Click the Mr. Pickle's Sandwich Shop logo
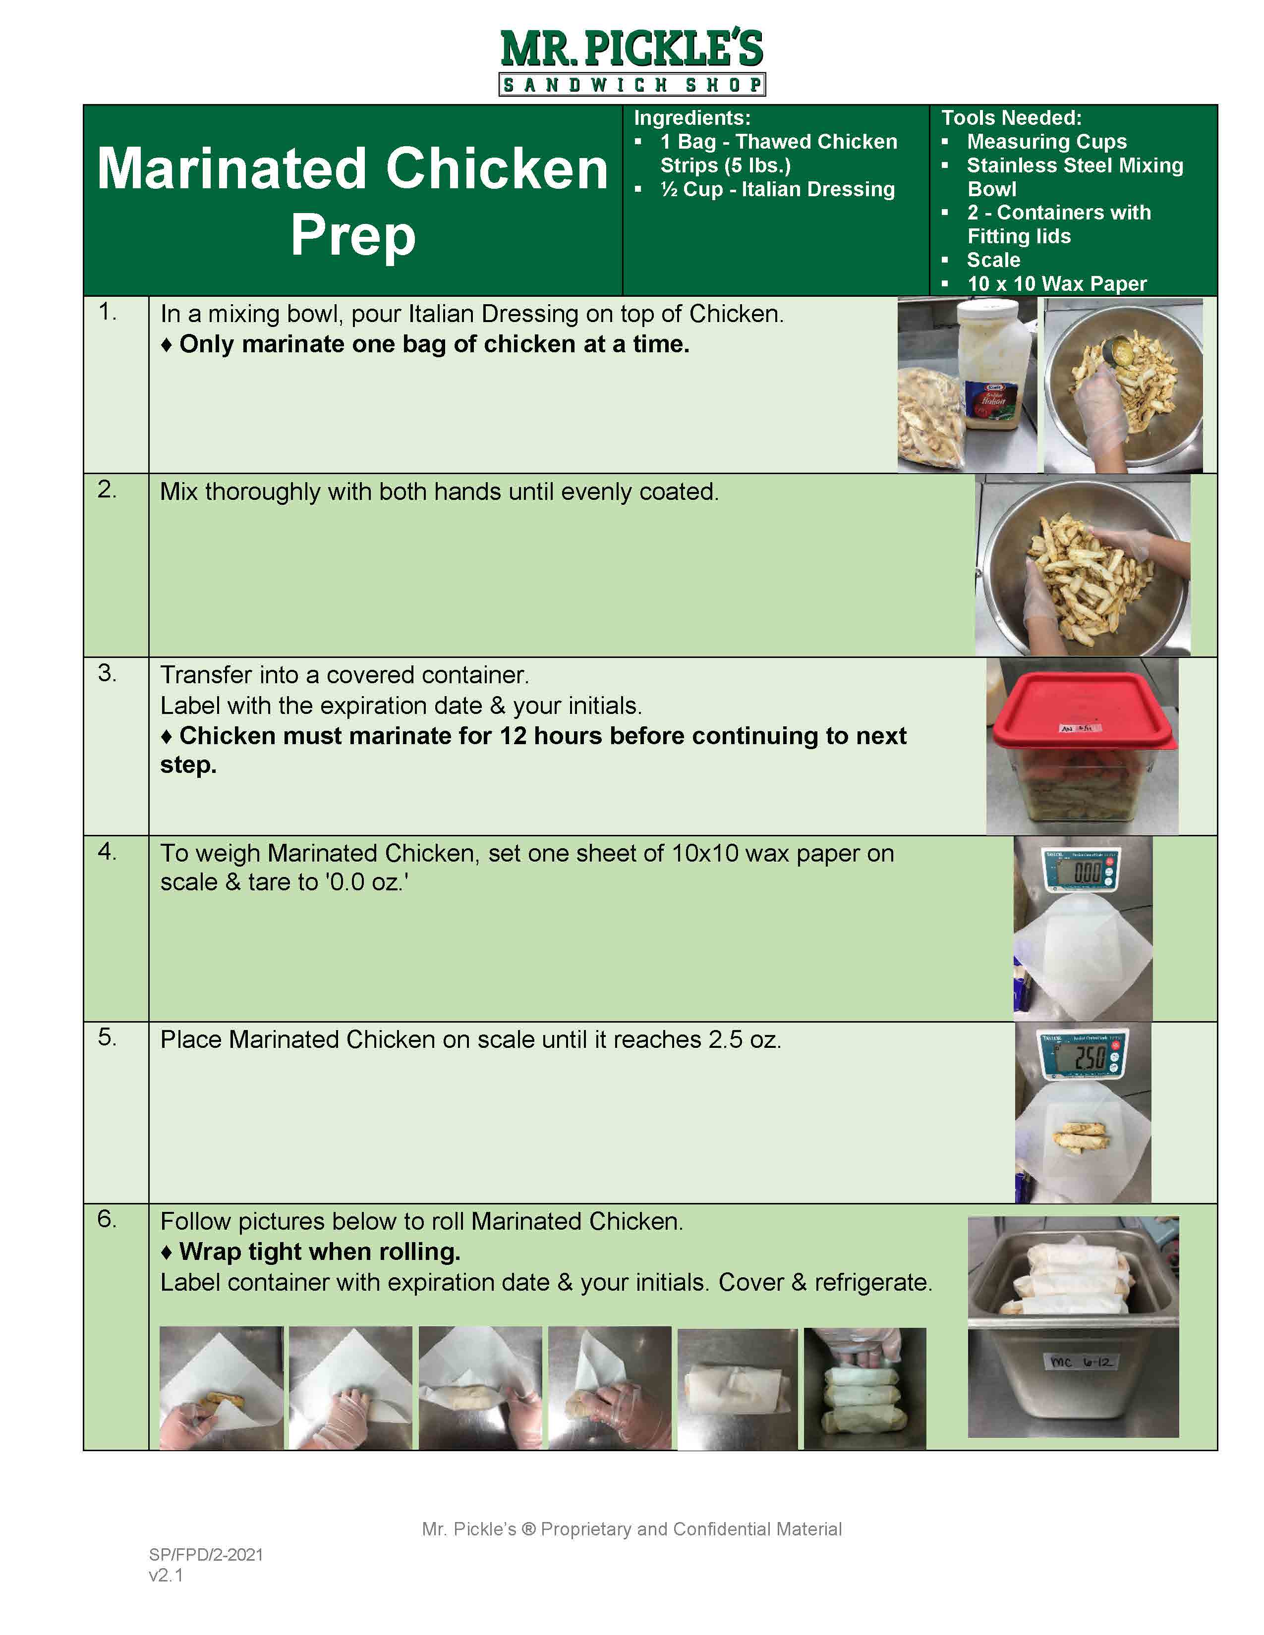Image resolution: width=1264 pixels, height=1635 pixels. coord(632,62)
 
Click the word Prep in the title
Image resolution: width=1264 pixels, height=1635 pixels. coord(353,235)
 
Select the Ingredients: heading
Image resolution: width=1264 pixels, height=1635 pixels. coord(692,117)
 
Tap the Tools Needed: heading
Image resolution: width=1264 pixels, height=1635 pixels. coord(1011,117)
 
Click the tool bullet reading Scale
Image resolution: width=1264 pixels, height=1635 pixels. coord(993,260)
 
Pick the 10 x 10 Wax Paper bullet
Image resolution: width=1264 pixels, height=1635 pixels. coord(1056,284)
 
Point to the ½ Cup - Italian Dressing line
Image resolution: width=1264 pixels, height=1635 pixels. coord(777,189)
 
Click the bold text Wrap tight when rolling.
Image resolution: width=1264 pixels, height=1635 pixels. coord(320,1252)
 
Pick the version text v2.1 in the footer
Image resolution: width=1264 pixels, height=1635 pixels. coord(166,1575)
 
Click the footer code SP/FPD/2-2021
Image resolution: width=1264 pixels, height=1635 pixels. coord(206,1554)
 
